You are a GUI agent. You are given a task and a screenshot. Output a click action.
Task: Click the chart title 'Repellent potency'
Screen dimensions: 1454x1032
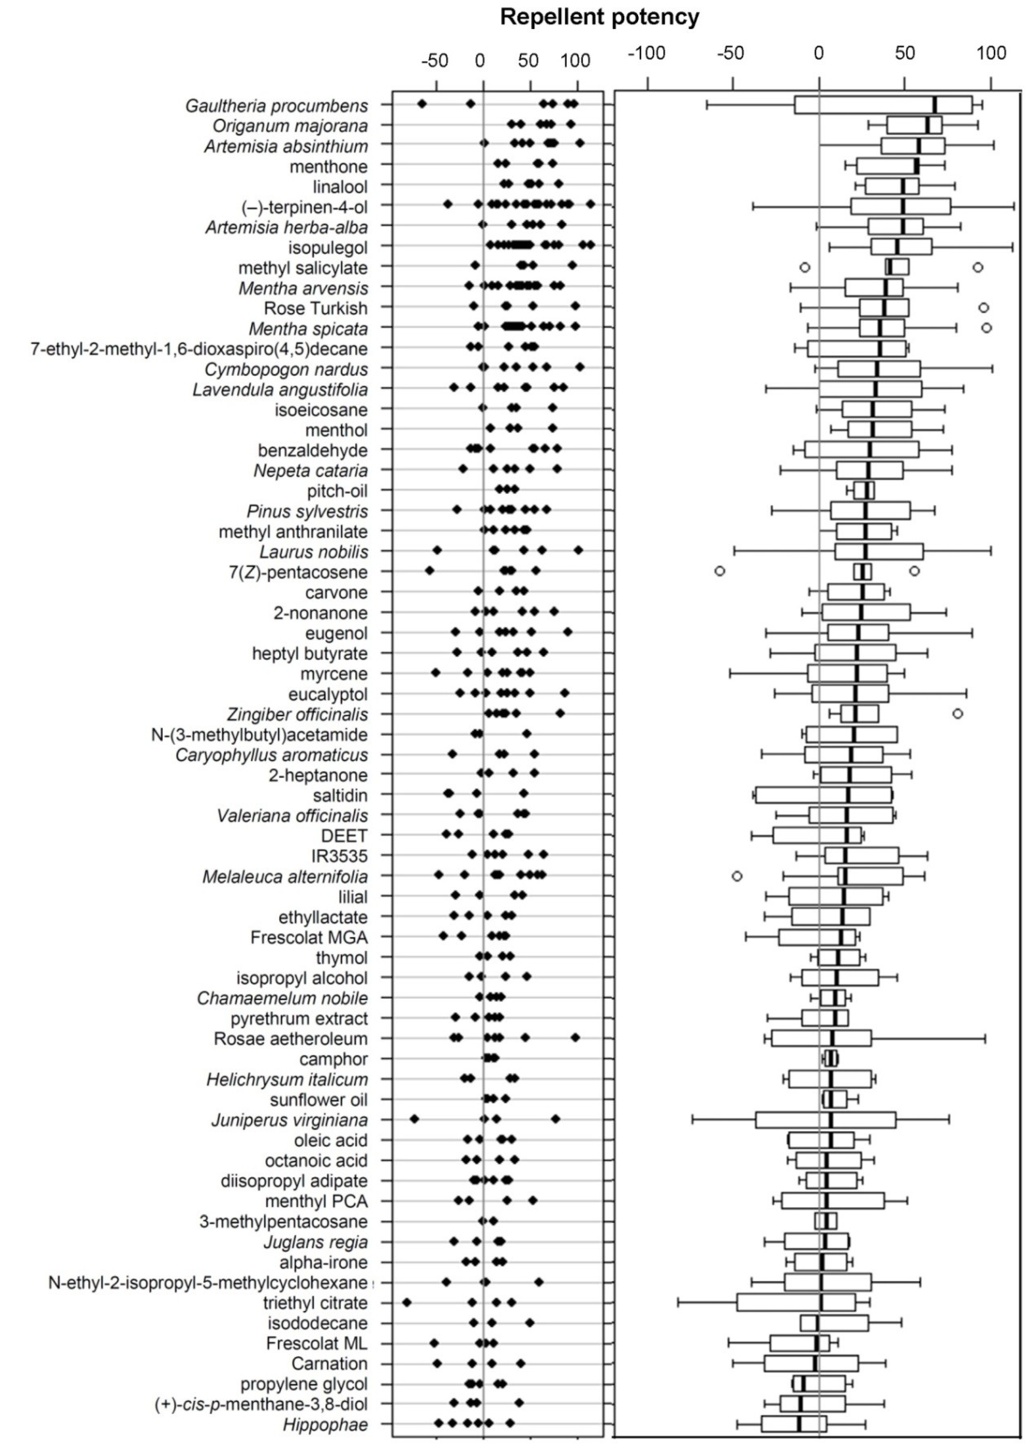coord(599,17)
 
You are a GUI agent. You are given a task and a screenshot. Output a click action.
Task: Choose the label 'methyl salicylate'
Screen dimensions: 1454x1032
coord(303,267)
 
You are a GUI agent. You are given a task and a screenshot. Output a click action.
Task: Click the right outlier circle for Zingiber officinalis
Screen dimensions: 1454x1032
coord(958,714)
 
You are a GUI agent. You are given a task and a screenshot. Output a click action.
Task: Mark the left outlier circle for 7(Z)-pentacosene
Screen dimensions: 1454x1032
coord(719,571)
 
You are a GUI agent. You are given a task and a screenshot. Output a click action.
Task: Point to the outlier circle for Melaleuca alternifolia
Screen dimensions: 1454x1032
coord(736,876)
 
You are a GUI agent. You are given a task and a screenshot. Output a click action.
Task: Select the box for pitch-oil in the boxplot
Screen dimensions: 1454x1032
coord(864,491)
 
